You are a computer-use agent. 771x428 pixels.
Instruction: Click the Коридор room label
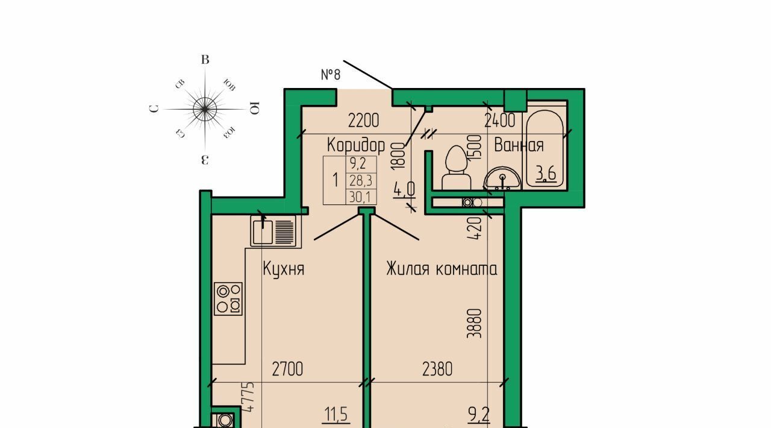tap(356, 145)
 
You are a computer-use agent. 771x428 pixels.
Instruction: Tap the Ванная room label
tap(519, 145)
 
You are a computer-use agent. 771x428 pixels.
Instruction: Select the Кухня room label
tap(284, 269)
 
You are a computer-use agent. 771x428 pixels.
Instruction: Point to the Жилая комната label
tap(442, 268)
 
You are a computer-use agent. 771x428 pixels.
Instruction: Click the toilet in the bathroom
tap(456, 168)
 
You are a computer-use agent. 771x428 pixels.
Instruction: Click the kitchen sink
tap(273, 231)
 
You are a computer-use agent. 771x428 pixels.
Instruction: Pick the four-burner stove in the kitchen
tap(228, 299)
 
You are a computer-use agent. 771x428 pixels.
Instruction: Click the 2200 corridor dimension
tap(363, 121)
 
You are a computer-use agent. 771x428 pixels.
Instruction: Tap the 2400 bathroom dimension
tap(500, 121)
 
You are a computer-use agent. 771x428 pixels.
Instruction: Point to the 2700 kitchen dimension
tap(287, 369)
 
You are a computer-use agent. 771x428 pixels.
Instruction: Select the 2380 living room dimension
tap(437, 369)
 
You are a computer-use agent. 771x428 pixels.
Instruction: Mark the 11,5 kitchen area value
tap(336, 414)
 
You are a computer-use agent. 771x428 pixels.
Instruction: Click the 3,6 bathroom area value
tap(546, 174)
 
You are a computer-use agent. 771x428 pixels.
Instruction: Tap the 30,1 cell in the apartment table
tap(360, 197)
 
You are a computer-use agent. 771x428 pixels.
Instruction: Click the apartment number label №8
tap(331, 74)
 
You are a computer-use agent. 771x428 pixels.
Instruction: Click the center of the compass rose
tap(205, 109)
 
